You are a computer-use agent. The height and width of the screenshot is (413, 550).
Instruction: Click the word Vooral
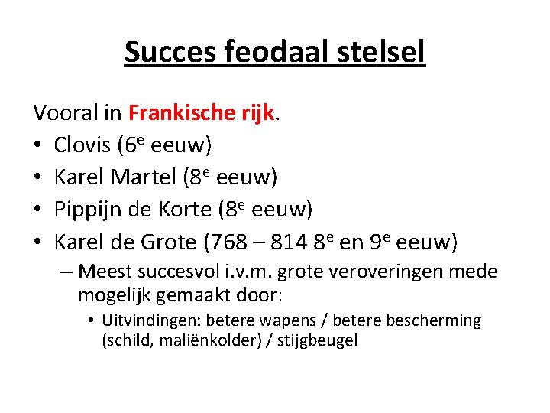[65, 112]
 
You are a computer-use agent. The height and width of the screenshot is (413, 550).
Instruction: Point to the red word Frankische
[179, 112]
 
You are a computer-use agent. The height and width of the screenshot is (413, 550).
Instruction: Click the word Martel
[144, 177]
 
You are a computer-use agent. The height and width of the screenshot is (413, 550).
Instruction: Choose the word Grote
[169, 242]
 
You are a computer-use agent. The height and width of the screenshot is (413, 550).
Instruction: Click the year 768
[228, 242]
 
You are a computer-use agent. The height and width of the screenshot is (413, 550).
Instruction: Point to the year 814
[288, 242]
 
